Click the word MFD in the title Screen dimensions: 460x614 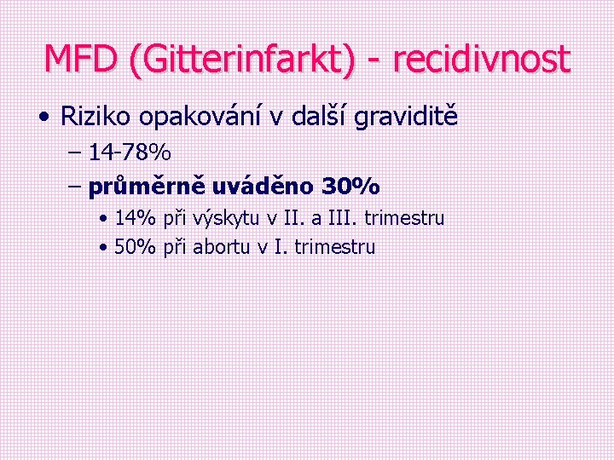tap(81, 59)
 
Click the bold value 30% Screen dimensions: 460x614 tap(351, 185)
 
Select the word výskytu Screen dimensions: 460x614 tap(223, 220)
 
